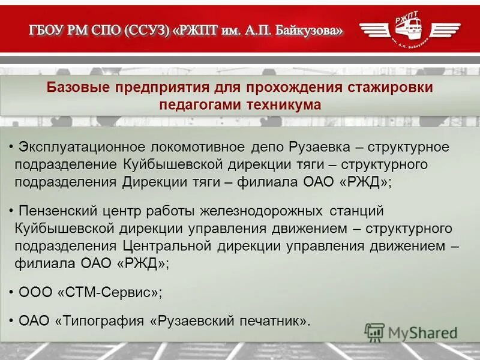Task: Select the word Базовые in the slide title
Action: (83, 88)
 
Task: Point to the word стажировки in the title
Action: (390, 88)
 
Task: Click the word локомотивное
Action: (197, 147)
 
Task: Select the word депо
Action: (267, 147)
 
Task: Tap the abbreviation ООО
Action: (35, 292)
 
